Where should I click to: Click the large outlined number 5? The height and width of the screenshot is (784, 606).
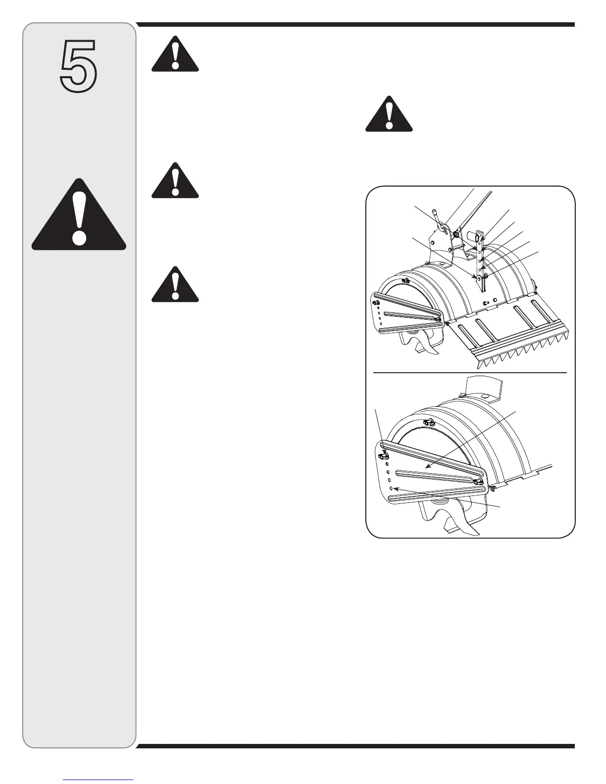(x=78, y=67)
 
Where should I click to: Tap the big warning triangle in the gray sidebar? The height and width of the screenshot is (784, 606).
(x=79, y=216)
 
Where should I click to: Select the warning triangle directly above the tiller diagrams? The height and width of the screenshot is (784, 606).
(x=389, y=115)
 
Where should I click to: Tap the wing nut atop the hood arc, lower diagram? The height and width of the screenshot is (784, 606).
(x=429, y=422)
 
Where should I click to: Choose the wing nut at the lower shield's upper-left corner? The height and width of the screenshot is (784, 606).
(x=383, y=456)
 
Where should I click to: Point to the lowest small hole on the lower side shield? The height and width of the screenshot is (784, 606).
(x=391, y=489)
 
